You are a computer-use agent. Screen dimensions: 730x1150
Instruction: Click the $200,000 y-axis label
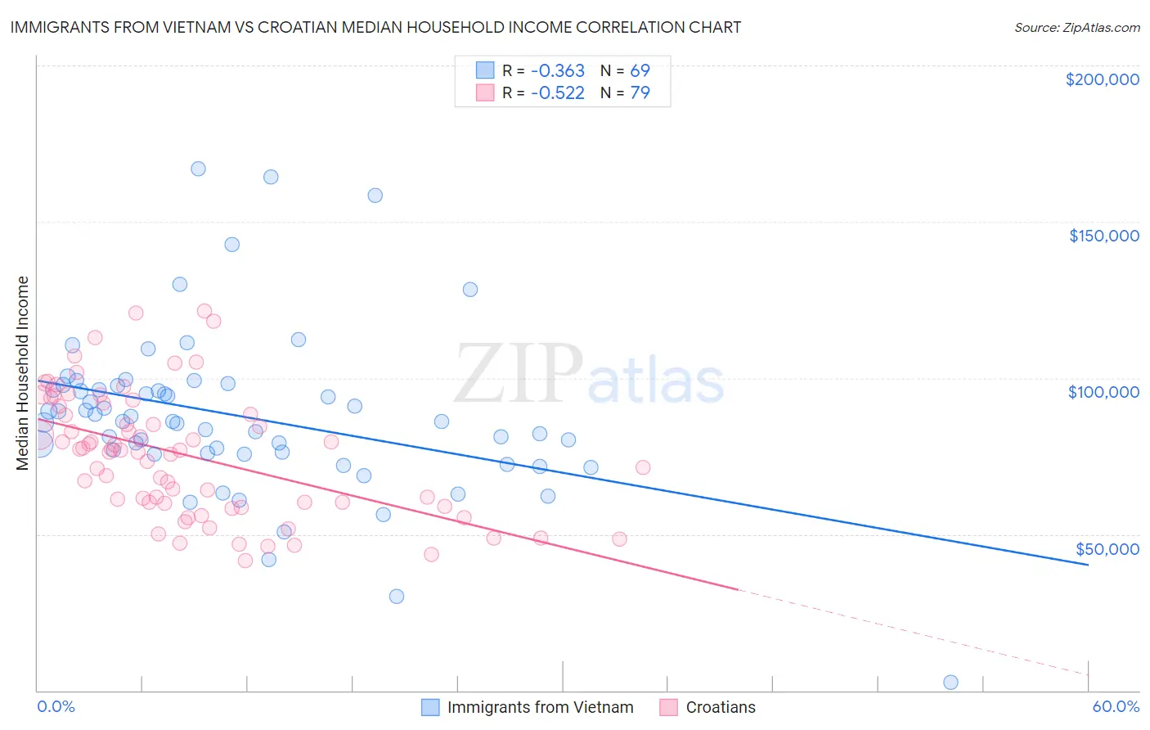(1102, 79)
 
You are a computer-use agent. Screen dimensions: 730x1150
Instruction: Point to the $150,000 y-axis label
(1103, 236)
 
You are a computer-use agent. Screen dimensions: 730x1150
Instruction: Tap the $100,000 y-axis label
(1103, 392)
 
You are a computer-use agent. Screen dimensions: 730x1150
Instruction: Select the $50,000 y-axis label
(1107, 548)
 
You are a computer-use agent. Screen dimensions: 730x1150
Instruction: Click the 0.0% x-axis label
(56, 706)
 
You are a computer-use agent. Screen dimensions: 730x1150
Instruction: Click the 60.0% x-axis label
(1115, 706)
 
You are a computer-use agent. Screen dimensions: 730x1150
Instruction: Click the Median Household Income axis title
(23, 373)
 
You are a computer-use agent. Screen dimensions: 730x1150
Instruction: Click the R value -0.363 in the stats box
(557, 70)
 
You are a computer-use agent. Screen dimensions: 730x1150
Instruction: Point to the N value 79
(640, 92)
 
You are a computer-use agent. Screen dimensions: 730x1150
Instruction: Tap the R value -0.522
(557, 92)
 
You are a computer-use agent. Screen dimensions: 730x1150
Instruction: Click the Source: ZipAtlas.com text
(1076, 27)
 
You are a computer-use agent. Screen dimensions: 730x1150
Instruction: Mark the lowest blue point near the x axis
(950, 682)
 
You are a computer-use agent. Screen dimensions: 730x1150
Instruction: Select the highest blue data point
(198, 169)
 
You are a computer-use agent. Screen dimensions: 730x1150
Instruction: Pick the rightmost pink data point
(643, 467)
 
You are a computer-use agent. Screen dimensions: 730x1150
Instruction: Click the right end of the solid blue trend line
(1088, 565)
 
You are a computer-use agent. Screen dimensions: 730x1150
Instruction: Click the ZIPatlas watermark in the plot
(589, 375)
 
